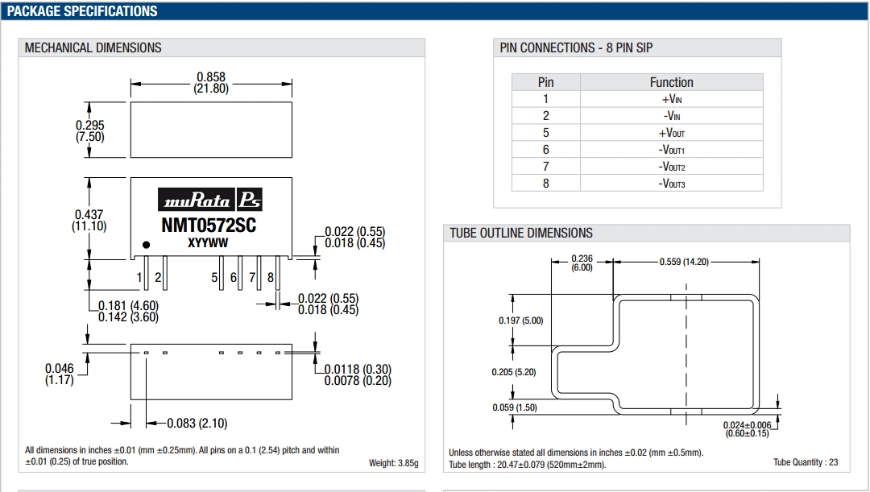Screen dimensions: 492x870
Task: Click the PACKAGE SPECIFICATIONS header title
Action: point(82,11)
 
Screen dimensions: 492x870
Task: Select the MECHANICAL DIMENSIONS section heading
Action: point(93,48)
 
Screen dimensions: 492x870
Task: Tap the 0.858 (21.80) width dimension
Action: point(211,83)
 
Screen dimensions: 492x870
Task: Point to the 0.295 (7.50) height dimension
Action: point(90,130)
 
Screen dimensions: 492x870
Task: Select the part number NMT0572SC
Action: point(209,225)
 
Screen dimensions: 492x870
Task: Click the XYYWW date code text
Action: point(208,242)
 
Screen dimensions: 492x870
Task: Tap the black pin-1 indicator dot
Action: point(146,244)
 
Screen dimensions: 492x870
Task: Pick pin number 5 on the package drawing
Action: point(215,278)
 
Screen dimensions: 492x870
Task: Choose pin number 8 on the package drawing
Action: point(271,278)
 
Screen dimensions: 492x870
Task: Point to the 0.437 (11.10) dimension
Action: point(89,220)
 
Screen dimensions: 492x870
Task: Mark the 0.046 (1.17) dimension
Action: point(59,373)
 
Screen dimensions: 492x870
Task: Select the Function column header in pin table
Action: point(671,82)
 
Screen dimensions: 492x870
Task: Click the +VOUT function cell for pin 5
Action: point(671,133)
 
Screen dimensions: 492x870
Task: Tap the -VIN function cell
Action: point(671,116)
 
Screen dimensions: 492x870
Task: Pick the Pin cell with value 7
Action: point(545,167)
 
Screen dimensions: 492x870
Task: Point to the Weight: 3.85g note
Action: point(393,463)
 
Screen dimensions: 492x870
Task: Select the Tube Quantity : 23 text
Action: point(806,462)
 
